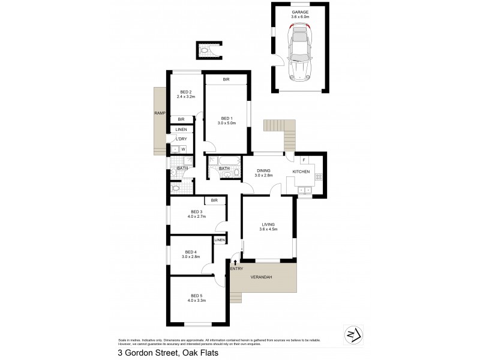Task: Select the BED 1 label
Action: pos(226,118)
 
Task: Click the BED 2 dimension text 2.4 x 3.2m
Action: pos(187,97)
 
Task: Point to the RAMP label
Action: pos(159,113)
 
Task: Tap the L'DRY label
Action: pos(180,139)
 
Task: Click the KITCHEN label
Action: pos(301,172)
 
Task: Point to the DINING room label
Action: pos(264,170)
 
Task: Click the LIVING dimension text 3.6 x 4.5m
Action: pos(267,229)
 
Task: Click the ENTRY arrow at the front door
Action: pos(235,262)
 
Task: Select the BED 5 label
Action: pos(197,295)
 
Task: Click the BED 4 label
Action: pos(191,251)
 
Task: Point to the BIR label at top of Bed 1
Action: pos(226,80)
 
